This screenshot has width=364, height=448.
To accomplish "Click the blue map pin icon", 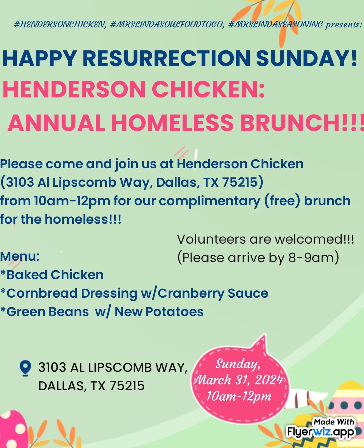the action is coord(25,368).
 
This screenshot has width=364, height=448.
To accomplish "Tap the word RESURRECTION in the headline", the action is coord(166,59).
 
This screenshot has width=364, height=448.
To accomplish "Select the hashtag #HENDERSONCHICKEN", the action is coord(60,25).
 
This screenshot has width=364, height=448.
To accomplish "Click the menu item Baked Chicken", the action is coord(52,275).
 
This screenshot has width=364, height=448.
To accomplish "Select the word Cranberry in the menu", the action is coord(191,294).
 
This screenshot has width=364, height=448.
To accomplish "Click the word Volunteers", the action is coord(211,239).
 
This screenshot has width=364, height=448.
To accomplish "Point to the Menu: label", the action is coord(20,256).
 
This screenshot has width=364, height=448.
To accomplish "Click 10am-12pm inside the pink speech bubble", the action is coord(239,397).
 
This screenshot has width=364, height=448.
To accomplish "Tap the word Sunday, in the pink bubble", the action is coord(238,364).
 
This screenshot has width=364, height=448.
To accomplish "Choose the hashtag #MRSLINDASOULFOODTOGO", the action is coord(167,25).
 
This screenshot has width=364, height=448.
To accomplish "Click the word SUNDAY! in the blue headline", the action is coord(306,59).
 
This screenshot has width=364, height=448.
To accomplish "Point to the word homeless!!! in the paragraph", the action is coord(83,219).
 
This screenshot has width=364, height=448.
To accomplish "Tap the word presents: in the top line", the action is coord(344,25).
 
